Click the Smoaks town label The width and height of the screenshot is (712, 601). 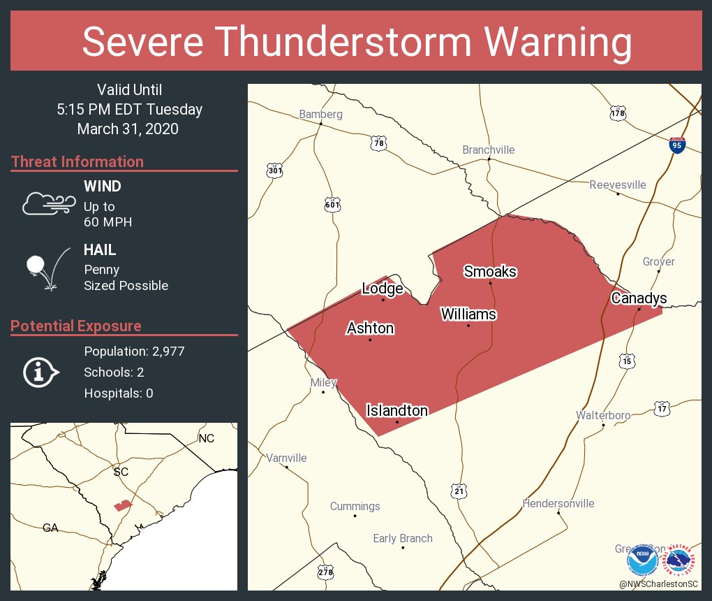[x=490, y=271]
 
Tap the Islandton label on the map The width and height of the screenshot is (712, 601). [x=396, y=411]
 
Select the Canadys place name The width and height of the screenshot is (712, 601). [x=639, y=298]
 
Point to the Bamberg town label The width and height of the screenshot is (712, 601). [x=320, y=114]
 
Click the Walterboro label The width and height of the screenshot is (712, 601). [x=602, y=415]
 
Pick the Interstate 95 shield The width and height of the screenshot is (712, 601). [x=676, y=145]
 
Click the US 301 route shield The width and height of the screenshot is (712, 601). [x=274, y=170]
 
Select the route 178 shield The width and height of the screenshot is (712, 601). [x=617, y=113]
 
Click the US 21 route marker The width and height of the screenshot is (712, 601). [x=458, y=491]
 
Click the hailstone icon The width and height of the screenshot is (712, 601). [x=46, y=270]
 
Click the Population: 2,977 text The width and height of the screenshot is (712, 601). [x=134, y=352]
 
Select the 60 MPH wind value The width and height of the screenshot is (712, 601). [x=107, y=222]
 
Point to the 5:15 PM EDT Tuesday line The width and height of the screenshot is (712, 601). [x=130, y=110]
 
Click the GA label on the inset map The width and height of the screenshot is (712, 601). [x=50, y=528]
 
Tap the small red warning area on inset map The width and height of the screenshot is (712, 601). [x=123, y=505]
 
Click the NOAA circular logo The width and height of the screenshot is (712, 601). [x=641, y=560]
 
